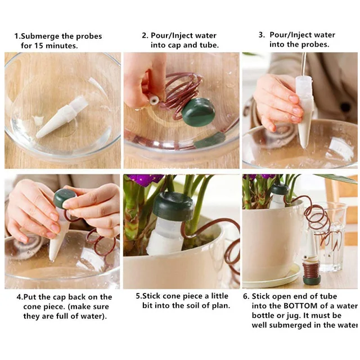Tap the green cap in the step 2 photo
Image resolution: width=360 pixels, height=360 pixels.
pos(198,111)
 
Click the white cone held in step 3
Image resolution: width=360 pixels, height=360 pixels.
pos(304,112)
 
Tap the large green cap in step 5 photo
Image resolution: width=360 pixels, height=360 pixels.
pos(173,206)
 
